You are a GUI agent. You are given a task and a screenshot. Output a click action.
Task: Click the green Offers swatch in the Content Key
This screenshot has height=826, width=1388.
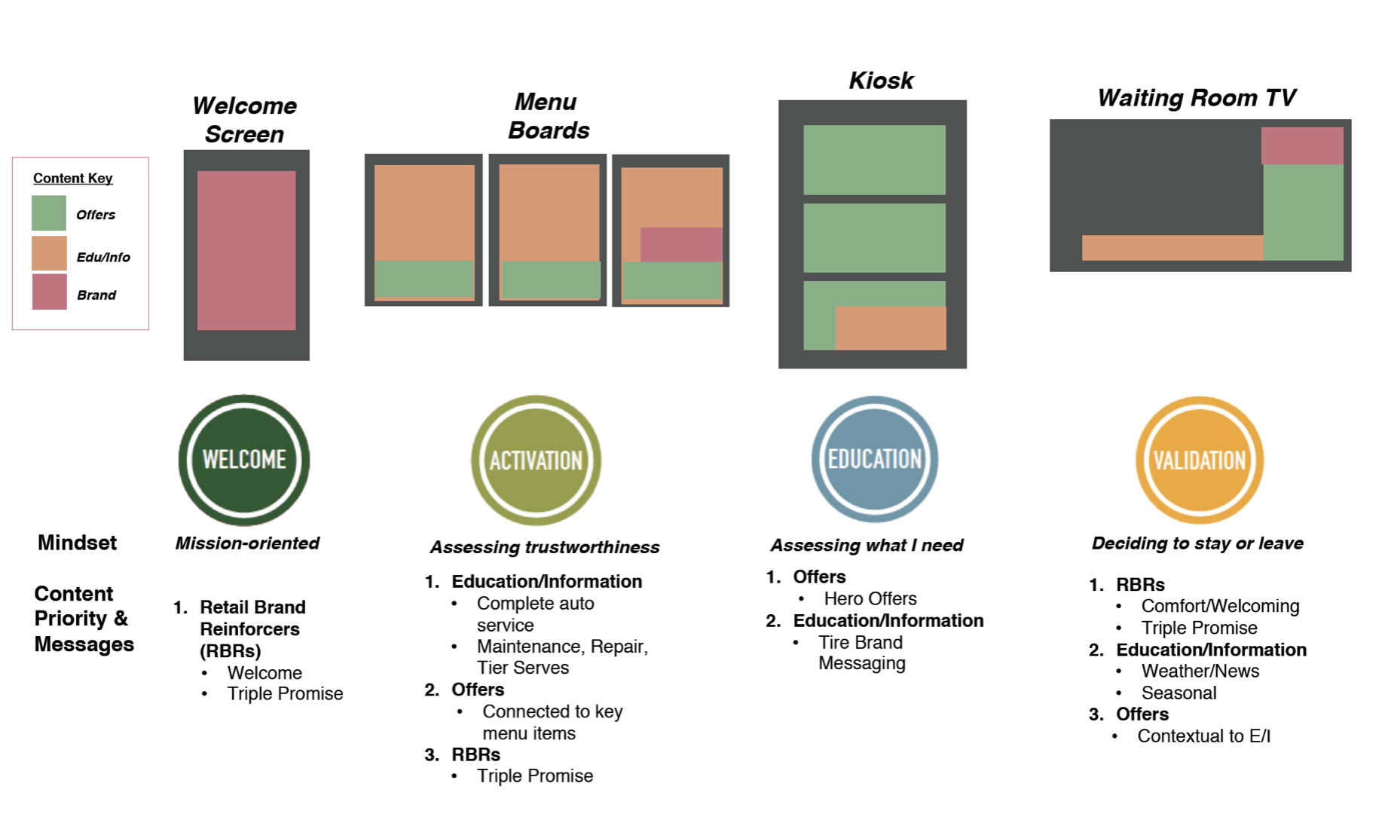[x=49, y=213]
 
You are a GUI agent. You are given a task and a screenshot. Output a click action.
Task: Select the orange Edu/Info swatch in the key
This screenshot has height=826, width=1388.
[x=49, y=253]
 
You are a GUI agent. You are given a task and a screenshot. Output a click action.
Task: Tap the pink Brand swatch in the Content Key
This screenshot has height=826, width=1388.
[x=49, y=292]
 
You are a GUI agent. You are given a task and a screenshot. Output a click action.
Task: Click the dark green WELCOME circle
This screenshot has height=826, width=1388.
[x=244, y=460]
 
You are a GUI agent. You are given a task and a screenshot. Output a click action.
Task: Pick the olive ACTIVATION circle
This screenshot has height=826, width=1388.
[x=536, y=460]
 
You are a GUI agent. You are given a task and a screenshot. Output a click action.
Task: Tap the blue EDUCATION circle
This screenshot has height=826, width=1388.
[x=874, y=459]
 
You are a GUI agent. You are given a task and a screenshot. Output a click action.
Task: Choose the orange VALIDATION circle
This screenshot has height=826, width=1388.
[x=1200, y=460]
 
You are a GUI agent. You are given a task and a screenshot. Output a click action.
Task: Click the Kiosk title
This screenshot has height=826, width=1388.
[x=881, y=81]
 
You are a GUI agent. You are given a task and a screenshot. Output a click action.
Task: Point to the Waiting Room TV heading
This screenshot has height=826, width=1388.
[x=1197, y=98]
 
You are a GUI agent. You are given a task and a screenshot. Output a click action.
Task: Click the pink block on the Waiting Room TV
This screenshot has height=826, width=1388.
[x=1302, y=145]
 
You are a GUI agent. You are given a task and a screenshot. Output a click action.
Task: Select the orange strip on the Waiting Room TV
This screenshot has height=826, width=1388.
[x=1172, y=248]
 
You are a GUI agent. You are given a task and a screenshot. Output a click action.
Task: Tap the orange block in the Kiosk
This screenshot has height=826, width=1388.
[x=891, y=328]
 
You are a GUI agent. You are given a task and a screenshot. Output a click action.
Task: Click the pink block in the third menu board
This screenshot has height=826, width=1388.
[x=681, y=244]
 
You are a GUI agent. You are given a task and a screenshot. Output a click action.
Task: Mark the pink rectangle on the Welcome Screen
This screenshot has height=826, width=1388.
[x=246, y=250]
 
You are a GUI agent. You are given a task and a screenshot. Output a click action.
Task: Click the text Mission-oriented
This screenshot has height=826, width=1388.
[x=247, y=543]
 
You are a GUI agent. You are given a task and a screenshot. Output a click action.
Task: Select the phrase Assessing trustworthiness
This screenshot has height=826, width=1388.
[x=545, y=547]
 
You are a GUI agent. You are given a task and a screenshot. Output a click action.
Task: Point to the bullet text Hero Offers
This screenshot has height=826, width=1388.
[x=870, y=598]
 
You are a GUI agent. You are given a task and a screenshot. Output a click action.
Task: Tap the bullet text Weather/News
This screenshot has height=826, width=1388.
[x=1200, y=671]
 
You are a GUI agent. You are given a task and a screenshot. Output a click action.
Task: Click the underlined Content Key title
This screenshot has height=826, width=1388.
[x=73, y=179]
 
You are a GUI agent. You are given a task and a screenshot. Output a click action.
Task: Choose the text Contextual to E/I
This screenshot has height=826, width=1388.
[x=1203, y=736]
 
